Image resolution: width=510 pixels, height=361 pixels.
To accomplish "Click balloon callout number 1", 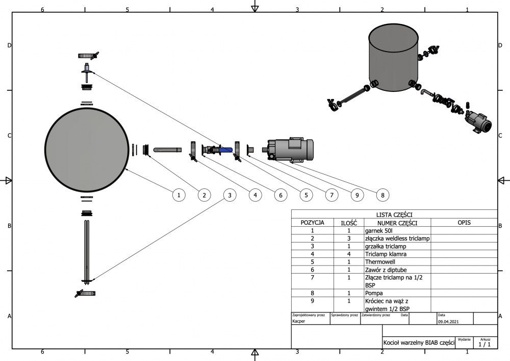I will (178, 195).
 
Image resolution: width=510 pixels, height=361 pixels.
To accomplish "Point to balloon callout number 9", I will (356, 195).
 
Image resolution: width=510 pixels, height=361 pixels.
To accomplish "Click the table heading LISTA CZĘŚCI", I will (394, 214).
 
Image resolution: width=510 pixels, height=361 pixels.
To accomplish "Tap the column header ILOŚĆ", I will (348, 223).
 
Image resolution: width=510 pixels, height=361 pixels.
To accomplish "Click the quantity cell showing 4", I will (348, 254).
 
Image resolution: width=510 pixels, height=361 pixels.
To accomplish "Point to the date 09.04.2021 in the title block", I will (449, 322).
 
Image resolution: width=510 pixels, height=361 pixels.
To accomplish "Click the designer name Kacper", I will (299, 322).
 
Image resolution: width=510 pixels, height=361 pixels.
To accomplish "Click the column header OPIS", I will (464, 223).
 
